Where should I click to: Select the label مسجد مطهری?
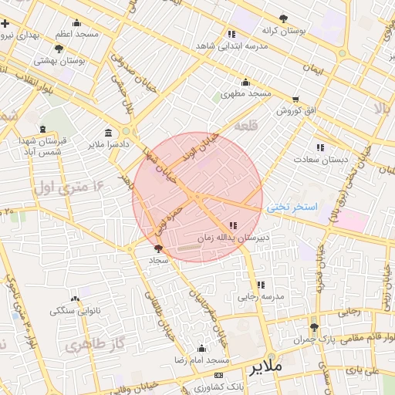click(246, 94)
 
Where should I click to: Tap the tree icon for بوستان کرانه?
click(284, 18)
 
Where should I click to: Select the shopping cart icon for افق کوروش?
click(295, 100)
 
